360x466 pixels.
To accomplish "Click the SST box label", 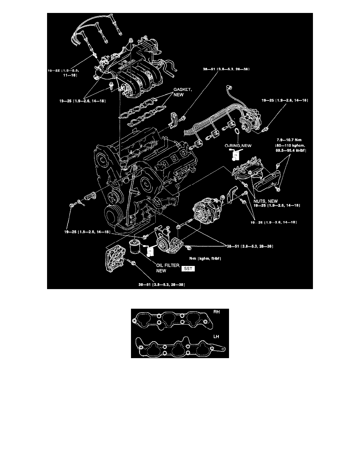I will [188, 269].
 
